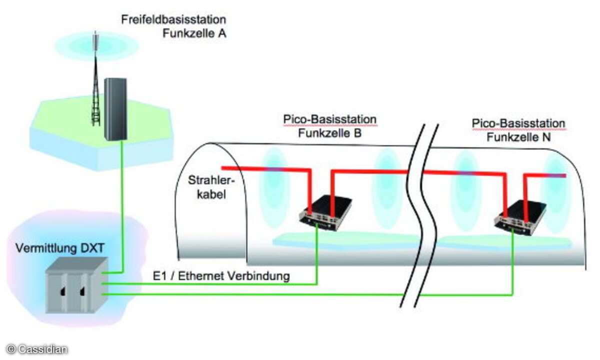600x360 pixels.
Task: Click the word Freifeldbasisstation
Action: pos(173,20)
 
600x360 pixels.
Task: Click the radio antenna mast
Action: pos(95,85)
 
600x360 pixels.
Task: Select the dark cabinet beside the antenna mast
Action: pos(115,109)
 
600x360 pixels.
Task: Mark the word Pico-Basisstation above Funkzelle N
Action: pos(518,123)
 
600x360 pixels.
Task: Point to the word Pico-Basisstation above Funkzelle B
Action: pos(329,120)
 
